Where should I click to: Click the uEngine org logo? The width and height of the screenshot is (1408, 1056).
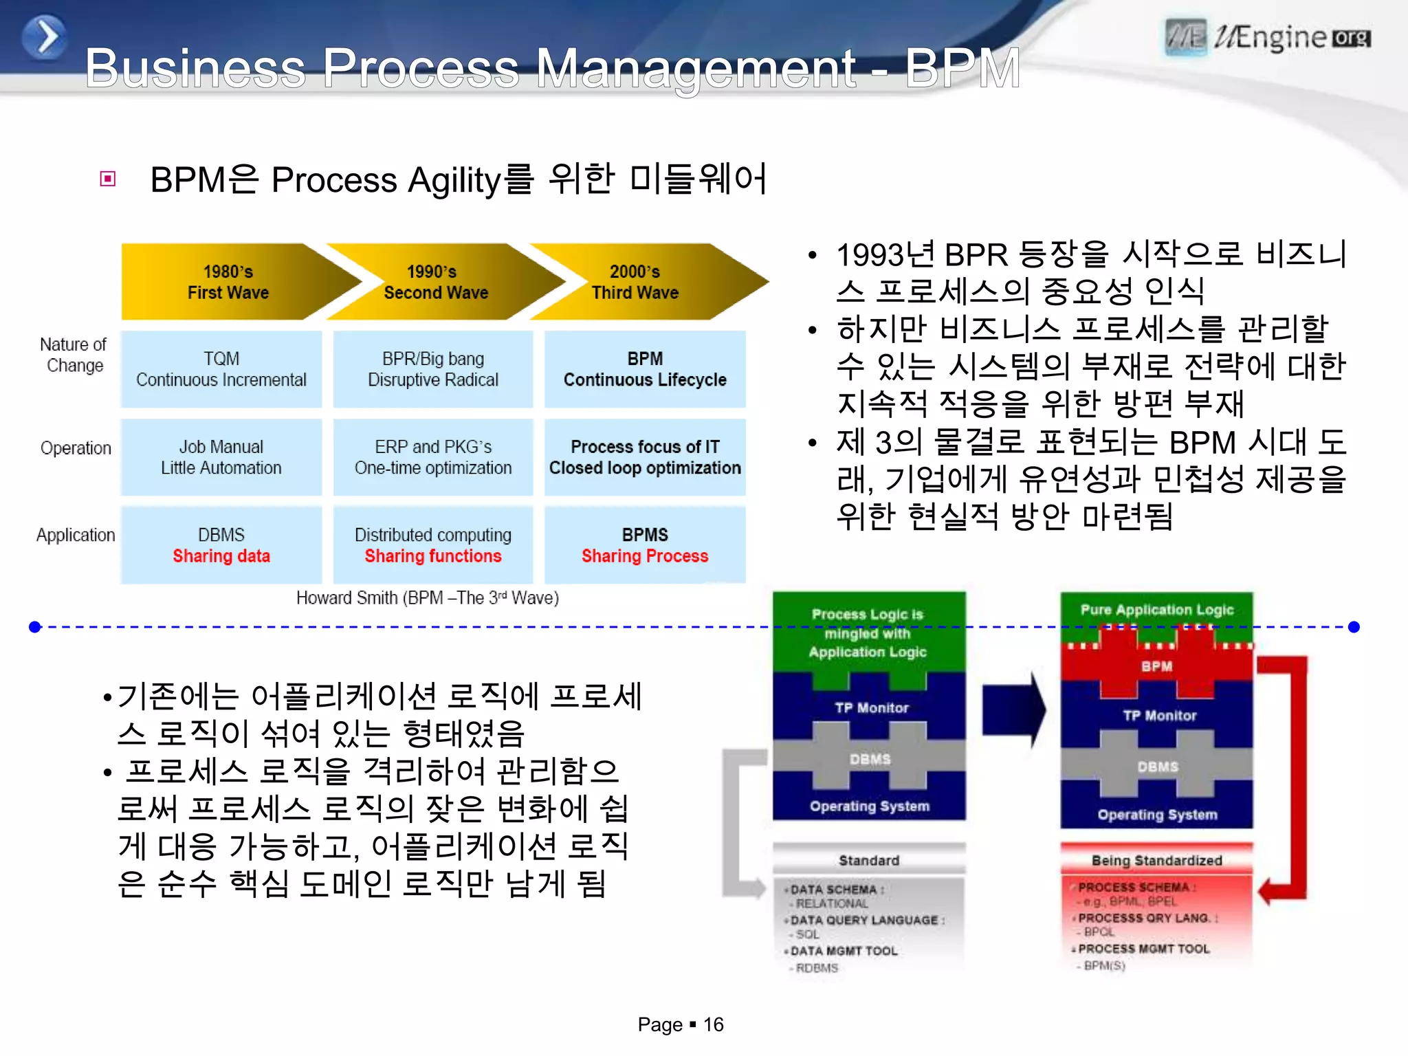[1268, 38]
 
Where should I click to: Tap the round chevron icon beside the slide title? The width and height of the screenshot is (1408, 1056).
[45, 37]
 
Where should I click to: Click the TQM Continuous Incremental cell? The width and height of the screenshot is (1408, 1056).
[221, 369]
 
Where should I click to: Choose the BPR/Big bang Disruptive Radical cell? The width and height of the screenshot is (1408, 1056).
[433, 369]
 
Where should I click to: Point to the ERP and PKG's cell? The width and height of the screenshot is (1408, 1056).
[433, 457]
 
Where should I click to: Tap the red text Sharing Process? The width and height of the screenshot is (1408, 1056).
[645, 556]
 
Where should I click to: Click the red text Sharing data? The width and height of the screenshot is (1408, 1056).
[221, 556]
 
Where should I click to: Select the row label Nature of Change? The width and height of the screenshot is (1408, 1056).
[74, 355]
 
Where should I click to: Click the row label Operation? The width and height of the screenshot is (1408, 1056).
[76, 448]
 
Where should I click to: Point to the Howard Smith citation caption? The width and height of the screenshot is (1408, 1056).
[427, 598]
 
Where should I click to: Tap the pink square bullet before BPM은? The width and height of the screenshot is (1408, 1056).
[108, 179]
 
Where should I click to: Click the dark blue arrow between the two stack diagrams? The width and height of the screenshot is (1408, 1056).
[1013, 710]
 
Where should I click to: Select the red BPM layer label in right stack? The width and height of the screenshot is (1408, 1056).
[1157, 666]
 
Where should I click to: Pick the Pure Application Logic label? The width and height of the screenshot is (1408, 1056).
[1157, 610]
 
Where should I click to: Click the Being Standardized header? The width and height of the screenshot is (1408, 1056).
[1157, 861]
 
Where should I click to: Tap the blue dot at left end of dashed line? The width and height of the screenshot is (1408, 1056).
[36, 627]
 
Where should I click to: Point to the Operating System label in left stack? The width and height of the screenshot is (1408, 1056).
[870, 806]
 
